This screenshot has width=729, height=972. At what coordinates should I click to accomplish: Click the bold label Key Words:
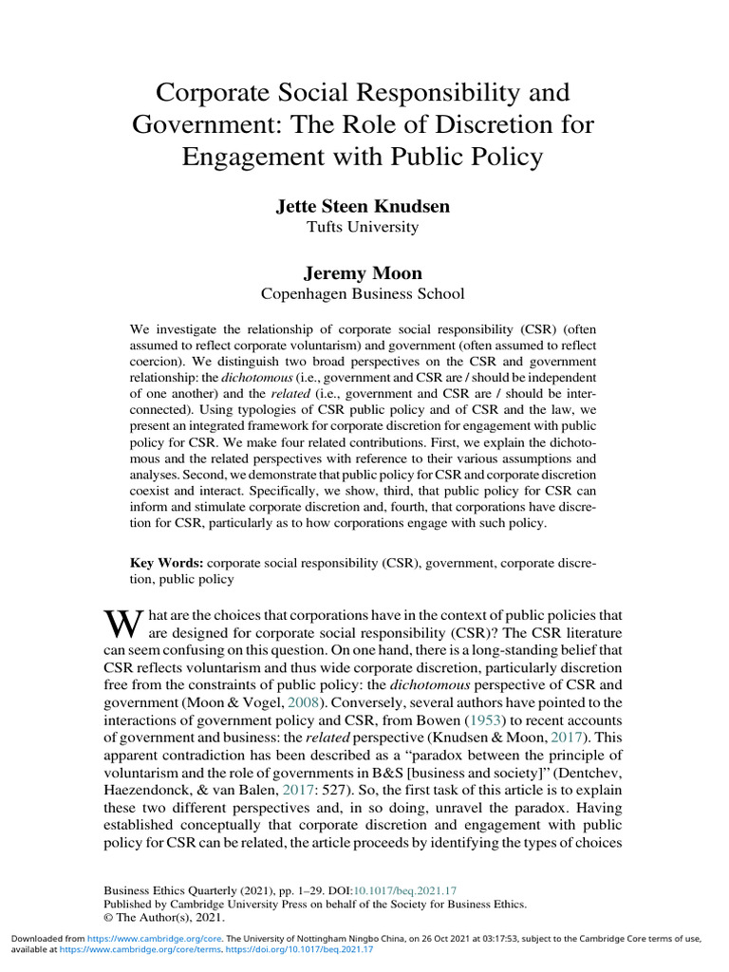(x=165, y=563)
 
